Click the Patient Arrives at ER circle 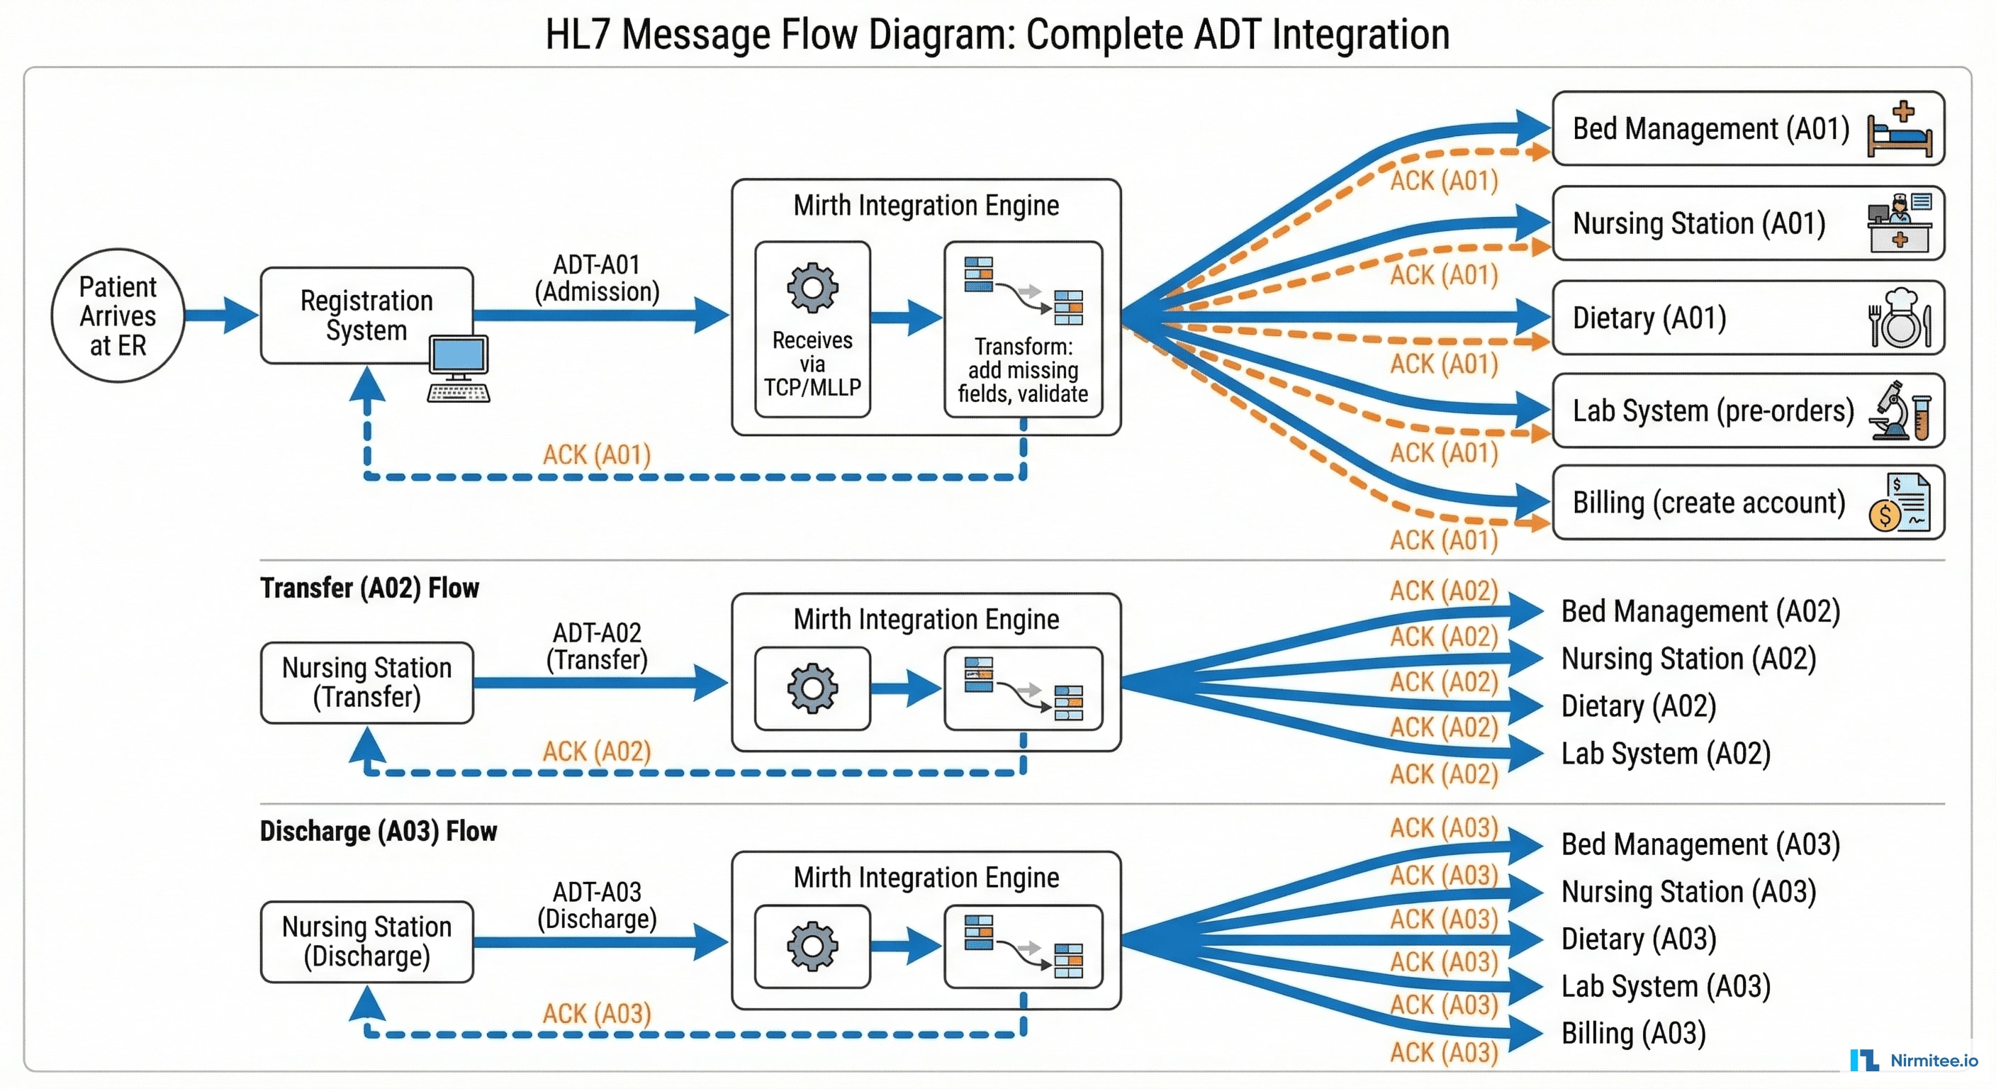point(118,315)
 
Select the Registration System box point(366,315)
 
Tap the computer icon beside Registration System point(459,368)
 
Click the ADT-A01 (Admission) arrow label point(597,278)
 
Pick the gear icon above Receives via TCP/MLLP point(812,289)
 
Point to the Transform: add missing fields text point(1023,371)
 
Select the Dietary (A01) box point(1747,318)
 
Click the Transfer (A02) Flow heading point(369,588)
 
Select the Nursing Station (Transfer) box point(366,683)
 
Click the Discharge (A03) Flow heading point(378,832)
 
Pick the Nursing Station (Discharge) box point(366,942)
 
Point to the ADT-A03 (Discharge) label point(597,905)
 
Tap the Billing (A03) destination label point(1633,1034)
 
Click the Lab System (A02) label point(1666,754)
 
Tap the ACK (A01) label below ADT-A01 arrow point(597,455)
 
